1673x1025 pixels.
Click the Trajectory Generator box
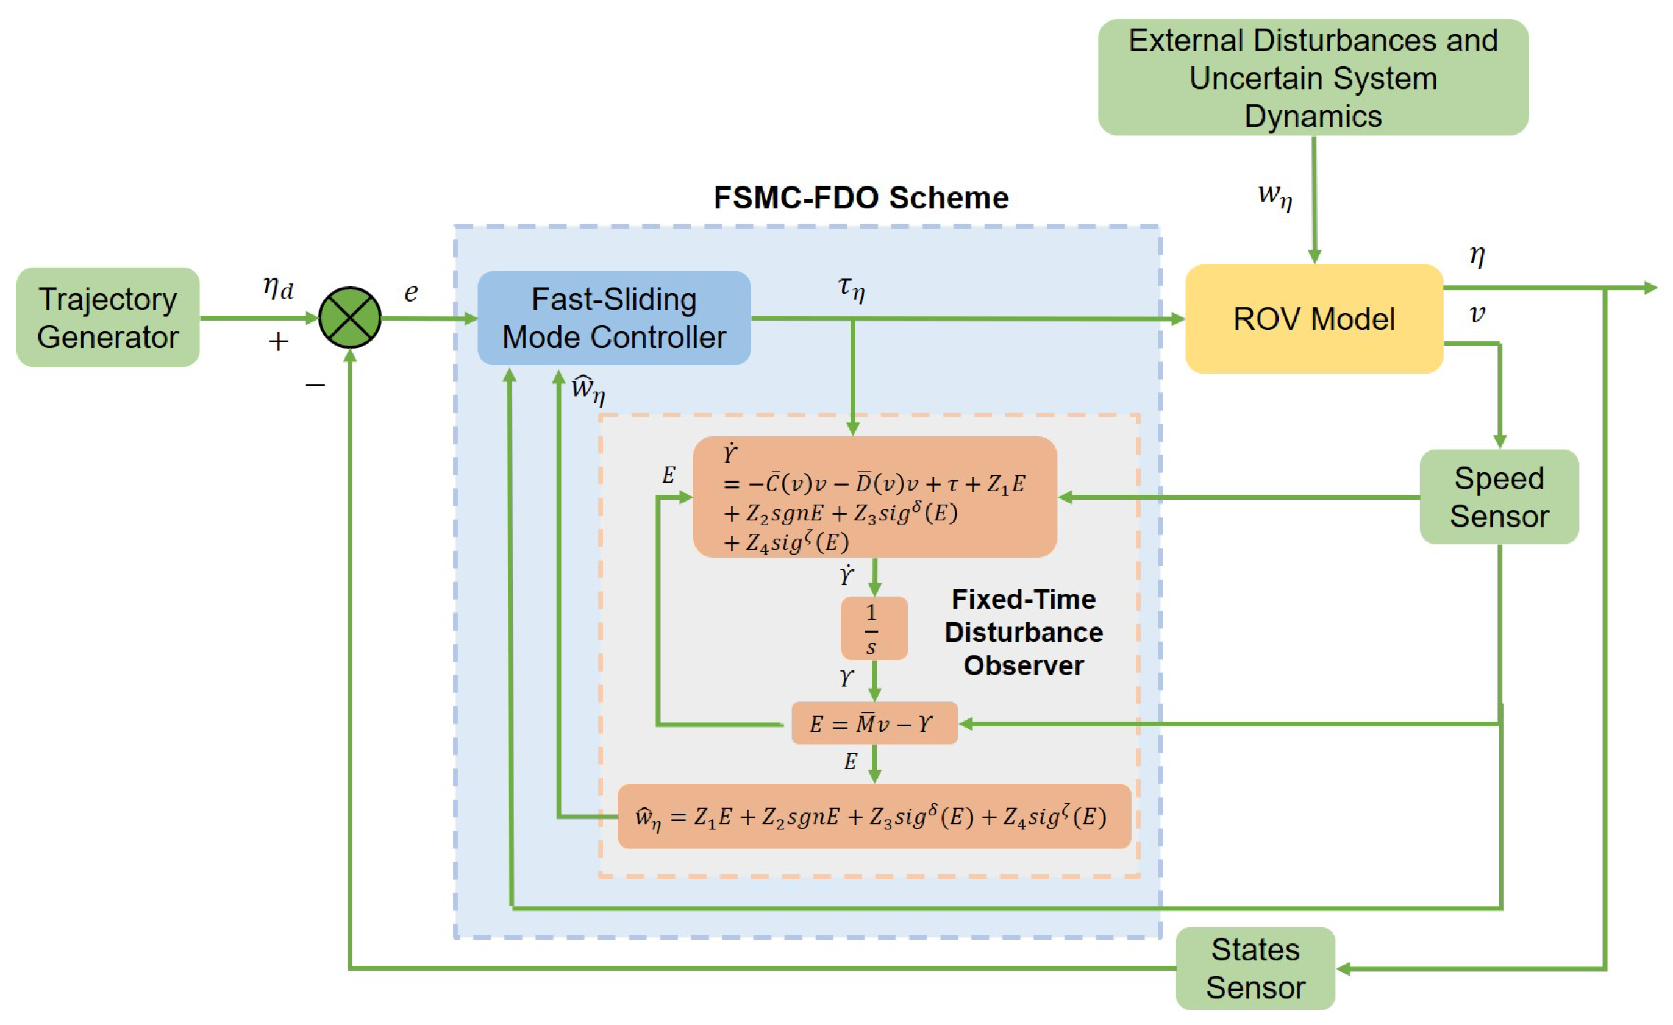coord(107,317)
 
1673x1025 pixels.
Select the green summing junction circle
coord(350,317)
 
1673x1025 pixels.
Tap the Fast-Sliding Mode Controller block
coord(614,317)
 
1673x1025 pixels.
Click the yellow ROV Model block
coord(1313,318)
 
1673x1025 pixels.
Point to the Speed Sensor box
coord(1499,496)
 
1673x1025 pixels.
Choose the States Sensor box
coord(1255,967)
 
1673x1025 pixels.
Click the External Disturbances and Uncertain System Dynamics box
coord(1313,77)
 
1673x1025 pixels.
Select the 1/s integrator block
coord(874,628)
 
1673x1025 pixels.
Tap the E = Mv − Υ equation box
coord(874,723)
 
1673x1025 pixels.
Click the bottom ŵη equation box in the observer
coord(874,816)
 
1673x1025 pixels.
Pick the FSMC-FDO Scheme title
coord(860,197)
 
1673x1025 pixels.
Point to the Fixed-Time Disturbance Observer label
coord(1023,632)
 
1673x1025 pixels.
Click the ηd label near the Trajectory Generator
coord(277,287)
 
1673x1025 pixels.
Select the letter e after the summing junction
coord(411,293)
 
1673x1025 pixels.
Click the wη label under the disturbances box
coord(1274,196)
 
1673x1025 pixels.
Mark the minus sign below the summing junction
coord(315,385)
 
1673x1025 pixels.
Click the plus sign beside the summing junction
coord(277,341)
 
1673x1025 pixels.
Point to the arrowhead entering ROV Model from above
coord(1314,257)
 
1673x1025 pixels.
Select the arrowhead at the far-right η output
coord(1650,288)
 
